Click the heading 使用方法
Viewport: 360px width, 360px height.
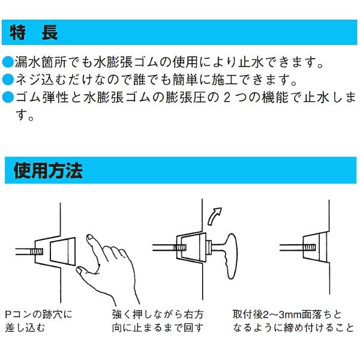click(x=48, y=171)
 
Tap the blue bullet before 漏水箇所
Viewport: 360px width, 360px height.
click(x=7, y=62)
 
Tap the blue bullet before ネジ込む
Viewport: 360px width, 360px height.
click(x=7, y=79)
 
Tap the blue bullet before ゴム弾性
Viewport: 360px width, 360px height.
click(x=7, y=96)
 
